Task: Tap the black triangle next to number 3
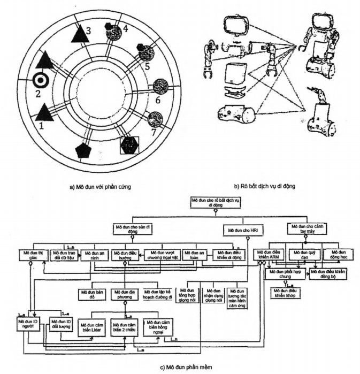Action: [x=79, y=34]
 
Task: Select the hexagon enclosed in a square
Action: [x=129, y=144]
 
